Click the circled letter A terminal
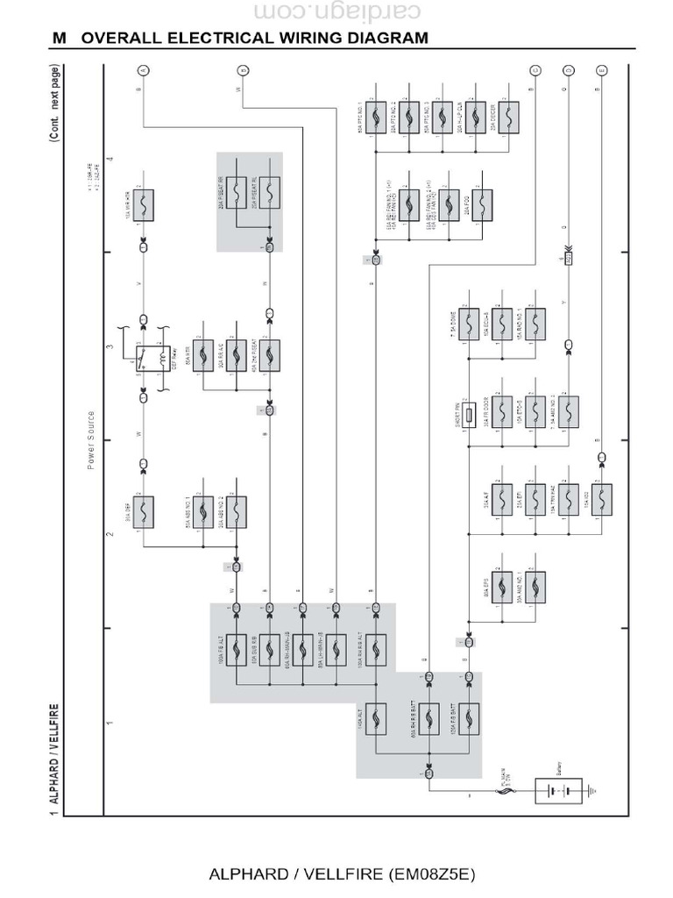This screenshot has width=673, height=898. [144, 70]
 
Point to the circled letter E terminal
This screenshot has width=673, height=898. [600, 70]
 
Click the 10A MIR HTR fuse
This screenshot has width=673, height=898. [144, 204]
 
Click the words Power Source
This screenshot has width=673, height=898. [91, 439]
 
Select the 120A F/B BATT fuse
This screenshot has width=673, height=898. [469, 721]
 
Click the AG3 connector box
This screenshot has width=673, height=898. [568, 259]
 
